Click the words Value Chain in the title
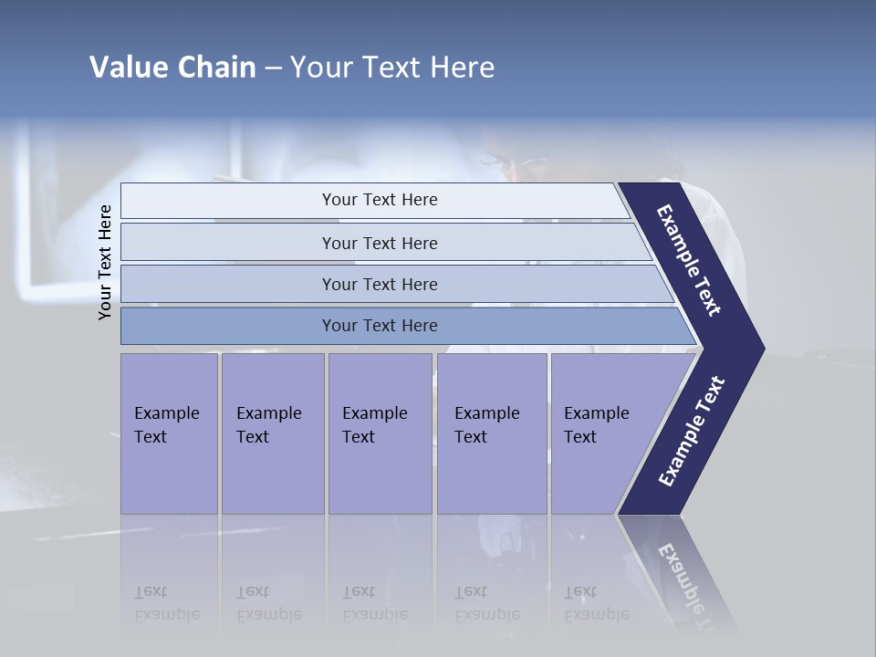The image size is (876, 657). pyautogui.click(x=172, y=68)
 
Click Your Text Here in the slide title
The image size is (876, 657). pyautogui.click(x=392, y=68)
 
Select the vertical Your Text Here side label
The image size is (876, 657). pyautogui.click(x=106, y=263)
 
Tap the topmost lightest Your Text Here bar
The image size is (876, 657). pyautogui.click(x=380, y=200)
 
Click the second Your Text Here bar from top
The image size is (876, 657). pyautogui.click(x=380, y=243)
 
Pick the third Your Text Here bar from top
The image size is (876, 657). pyautogui.click(x=380, y=284)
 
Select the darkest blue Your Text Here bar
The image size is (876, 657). pyautogui.click(x=380, y=326)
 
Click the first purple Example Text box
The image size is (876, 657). pyautogui.click(x=169, y=433)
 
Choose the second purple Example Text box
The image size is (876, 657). pyautogui.click(x=272, y=433)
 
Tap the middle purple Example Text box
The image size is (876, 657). pyautogui.click(x=380, y=433)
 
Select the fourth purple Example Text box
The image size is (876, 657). pyautogui.click(x=491, y=433)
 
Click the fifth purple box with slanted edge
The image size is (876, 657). pyautogui.click(x=602, y=433)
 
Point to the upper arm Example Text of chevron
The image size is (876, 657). pyautogui.click(x=689, y=260)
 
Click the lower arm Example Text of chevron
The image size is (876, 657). pyautogui.click(x=691, y=431)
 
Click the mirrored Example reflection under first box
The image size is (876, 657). pyautogui.click(x=166, y=603)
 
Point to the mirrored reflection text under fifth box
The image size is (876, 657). pyautogui.click(x=596, y=603)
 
